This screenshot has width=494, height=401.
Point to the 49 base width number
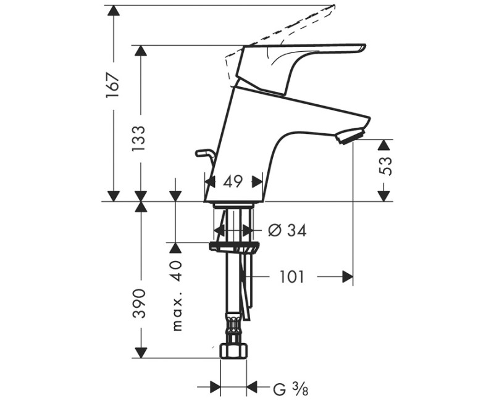[x=233, y=181]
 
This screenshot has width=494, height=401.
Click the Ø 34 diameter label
[x=288, y=230]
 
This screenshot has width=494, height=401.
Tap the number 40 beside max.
[x=177, y=271]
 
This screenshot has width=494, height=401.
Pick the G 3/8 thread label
[x=290, y=389]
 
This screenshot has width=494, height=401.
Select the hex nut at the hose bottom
[x=233, y=351]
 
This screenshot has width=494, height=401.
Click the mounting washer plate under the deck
[x=233, y=247]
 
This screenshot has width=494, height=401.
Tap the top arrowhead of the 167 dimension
[x=113, y=12]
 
